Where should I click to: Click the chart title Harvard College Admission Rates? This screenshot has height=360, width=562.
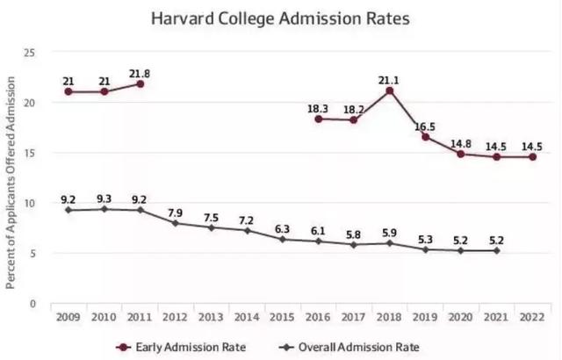pyautogui.click(x=282, y=17)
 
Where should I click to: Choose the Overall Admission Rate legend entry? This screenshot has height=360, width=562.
pyautogui.click(x=350, y=346)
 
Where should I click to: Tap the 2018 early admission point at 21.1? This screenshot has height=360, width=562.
pyautogui.click(x=389, y=90)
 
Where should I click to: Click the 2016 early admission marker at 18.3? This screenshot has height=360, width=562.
pyautogui.click(x=318, y=119)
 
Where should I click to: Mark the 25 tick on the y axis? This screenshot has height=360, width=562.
pyautogui.click(x=29, y=54)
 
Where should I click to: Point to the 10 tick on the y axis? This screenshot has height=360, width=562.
pyautogui.click(x=29, y=203)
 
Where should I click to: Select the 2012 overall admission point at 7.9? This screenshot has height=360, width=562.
pyautogui.click(x=175, y=223)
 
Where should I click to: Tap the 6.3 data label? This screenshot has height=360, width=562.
pyautogui.click(x=282, y=228)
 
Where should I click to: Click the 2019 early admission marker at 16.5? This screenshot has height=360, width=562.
pyautogui.click(x=425, y=137)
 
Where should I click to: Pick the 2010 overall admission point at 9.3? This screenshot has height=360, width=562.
pyautogui.click(x=104, y=209)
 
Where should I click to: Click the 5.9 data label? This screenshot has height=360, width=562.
pyautogui.click(x=389, y=233)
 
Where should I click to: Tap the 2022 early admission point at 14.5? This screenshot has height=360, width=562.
pyautogui.click(x=532, y=157)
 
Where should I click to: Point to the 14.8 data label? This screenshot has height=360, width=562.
pyautogui.click(x=461, y=140)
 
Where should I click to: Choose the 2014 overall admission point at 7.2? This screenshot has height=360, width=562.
pyautogui.click(x=246, y=230)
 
